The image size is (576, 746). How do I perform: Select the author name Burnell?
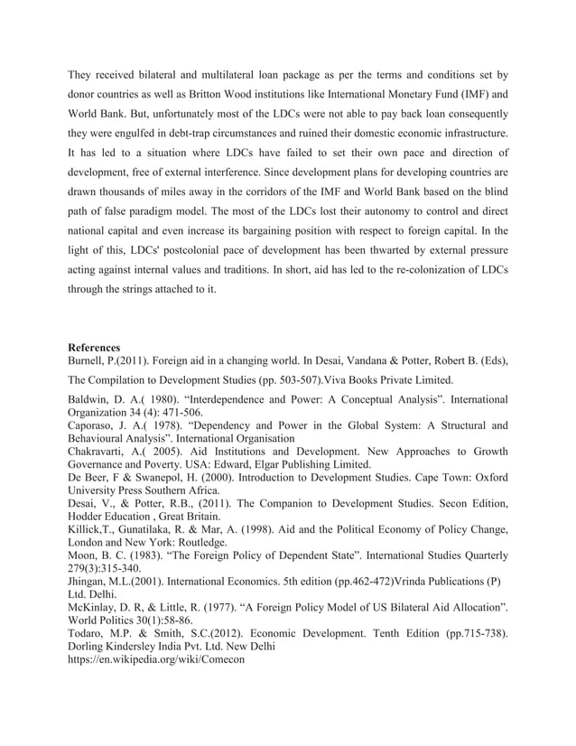coord(89,359)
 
